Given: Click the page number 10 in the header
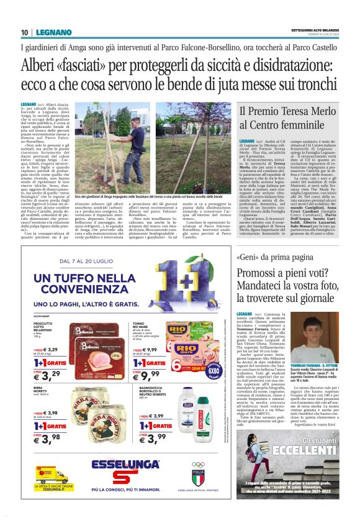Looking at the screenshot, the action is click(24, 32).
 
